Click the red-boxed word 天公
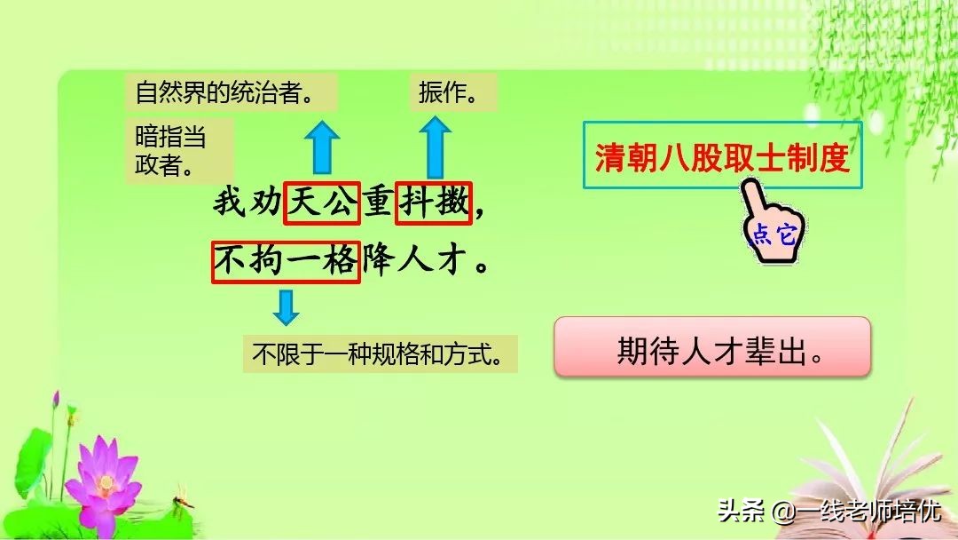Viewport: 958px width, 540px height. (x=321, y=203)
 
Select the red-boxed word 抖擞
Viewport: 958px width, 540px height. (x=434, y=203)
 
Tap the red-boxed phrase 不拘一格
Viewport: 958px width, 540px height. (x=286, y=262)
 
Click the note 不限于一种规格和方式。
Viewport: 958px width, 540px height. (x=380, y=354)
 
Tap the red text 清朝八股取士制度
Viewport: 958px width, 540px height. (x=722, y=159)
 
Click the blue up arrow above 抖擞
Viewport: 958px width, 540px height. (x=434, y=147)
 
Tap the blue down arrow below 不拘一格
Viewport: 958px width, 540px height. (x=286, y=306)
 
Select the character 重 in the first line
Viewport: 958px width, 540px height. (x=378, y=203)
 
